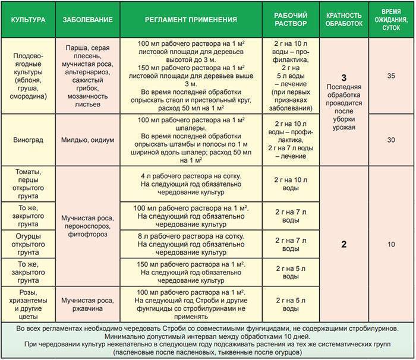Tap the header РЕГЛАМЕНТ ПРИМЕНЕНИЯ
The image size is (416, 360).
tap(191, 19)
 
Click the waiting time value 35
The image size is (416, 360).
tap(390, 76)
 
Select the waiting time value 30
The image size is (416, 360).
tap(390, 140)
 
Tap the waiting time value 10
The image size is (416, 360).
tap(390, 244)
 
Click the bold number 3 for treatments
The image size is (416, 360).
tap(343, 78)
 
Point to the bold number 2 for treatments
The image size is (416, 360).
tap(343, 244)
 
